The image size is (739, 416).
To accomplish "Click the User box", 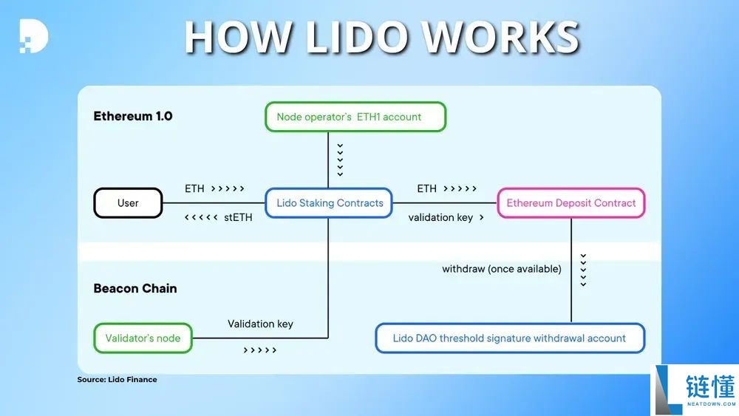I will pyautogui.click(x=128, y=203).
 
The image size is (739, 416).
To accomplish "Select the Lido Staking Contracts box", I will pyautogui.click(x=330, y=203).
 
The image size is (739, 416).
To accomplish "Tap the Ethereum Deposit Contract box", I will pyautogui.click(x=571, y=203).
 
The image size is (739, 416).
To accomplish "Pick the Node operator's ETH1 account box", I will pyautogui.click(x=355, y=117).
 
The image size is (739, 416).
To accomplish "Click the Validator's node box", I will pyautogui.click(x=143, y=338).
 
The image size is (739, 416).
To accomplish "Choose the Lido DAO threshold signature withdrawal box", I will pyautogui.click(x=510, y=338).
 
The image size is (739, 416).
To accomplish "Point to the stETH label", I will pyautogui.click(x=238, y=218).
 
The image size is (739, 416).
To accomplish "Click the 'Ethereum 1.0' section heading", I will pyautogui.click(x=133, y=116).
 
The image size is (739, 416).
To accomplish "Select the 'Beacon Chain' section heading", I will pyautogui.click(x=135, y=288).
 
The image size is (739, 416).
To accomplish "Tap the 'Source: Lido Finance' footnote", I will pyautogui.click(x=117, y=380).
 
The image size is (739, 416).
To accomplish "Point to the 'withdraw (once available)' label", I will pyautogui.click(x=502, y=269).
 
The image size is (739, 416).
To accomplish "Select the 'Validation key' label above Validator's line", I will pyautogui.click(x=260, y=324).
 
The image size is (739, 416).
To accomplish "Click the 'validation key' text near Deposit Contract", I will pyautogui.click(x=440, y=218).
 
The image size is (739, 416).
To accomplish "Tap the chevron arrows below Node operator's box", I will pyautogui.click(x=340, y=160).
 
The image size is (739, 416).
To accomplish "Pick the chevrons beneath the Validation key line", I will pyautogui.click(x=260, y=350).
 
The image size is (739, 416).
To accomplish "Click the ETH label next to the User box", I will pyautogui.click(x=194, y=189).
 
